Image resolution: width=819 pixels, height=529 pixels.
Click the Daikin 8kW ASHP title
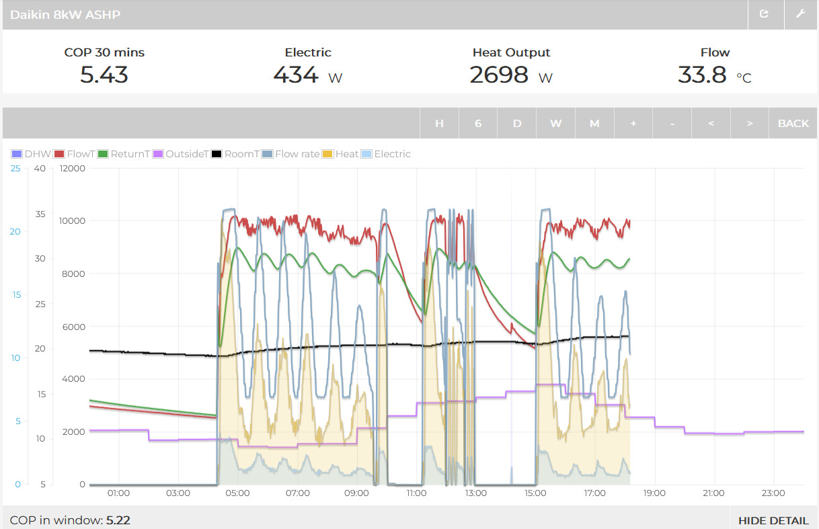65,14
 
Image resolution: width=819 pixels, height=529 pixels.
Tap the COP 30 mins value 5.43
104,75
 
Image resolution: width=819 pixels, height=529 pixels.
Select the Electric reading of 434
296,75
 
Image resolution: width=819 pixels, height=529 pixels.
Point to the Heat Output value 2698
499,75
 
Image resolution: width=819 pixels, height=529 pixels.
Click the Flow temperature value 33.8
702,75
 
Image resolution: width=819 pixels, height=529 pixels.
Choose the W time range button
555,124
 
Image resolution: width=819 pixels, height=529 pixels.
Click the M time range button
594,124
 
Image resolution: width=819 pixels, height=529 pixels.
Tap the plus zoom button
633,124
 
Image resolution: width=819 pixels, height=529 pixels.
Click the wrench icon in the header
800,14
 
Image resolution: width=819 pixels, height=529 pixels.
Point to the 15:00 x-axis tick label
535,493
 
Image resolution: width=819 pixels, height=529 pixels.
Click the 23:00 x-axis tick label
773,493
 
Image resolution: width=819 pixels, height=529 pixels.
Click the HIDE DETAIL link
773,520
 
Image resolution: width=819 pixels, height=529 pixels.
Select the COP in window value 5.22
118,520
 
